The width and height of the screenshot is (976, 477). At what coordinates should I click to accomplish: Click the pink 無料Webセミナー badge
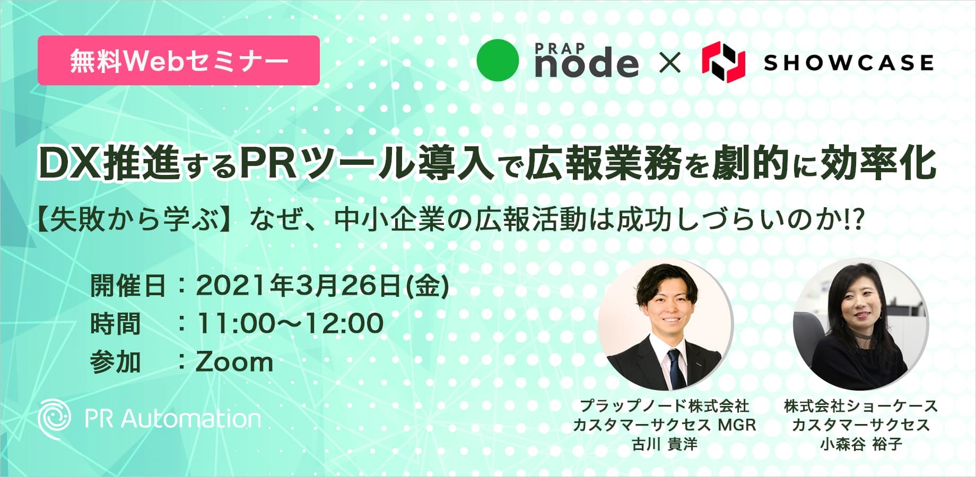(x=178, y=60)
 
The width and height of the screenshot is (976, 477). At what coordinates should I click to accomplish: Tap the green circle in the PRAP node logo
(x=498, y=60)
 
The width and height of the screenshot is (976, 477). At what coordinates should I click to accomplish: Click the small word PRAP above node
(x=560, y=48)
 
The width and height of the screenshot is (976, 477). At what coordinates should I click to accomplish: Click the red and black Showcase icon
(x=724, y=62)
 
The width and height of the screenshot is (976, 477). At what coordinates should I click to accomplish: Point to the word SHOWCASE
(x=848, y=63)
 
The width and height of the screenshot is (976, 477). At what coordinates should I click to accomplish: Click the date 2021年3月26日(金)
(x=323, y=286)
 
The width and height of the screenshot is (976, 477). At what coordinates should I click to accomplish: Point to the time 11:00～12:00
(x=290, y=323)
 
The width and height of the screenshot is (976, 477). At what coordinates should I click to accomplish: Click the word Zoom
(x=235, y=363)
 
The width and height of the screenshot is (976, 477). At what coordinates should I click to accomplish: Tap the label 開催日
(x=128, y=286)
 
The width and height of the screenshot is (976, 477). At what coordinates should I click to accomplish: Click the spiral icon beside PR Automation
(x=54, y=419)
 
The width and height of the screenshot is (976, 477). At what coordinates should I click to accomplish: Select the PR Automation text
(x=173, y=419)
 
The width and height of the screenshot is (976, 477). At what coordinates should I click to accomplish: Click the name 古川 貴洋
(x=665, y=444)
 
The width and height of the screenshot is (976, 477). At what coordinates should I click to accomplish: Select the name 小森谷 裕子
(x=861, y=444)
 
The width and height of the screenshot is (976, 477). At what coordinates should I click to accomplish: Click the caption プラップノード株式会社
(x=665, y=406)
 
